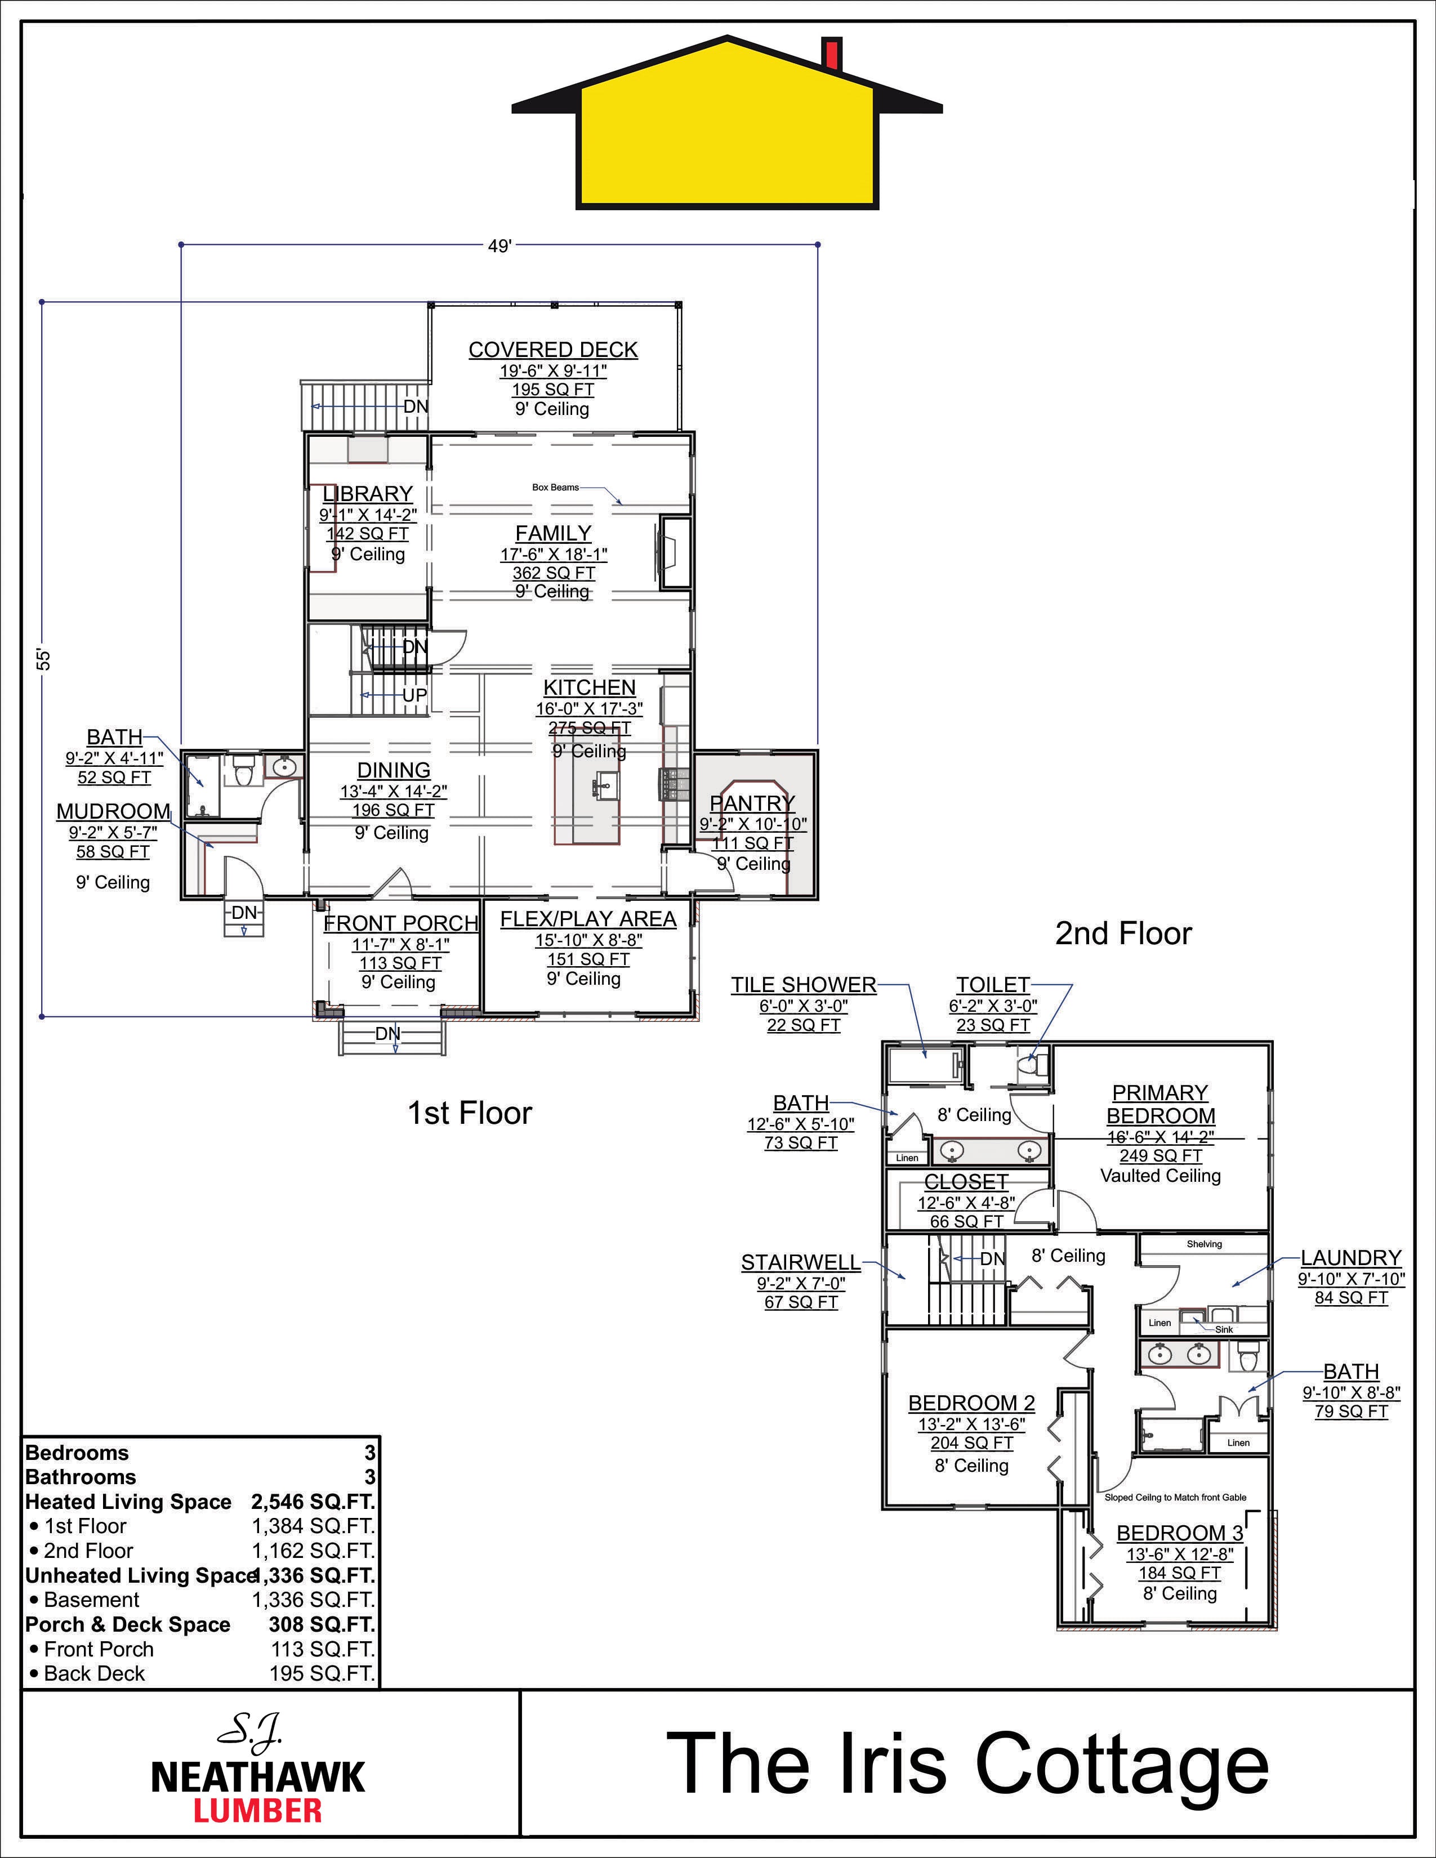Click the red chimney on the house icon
coord(832,53)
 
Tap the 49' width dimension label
coord(500,246)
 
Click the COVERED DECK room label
coord(553,350)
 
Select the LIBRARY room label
coord(368,493)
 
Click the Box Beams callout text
coord(555,488)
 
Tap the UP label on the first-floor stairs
coord(414,695)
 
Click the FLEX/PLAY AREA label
coord(588,919)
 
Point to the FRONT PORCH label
coord(401,923)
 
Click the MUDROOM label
coord(113,811)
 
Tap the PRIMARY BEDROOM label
coord(1161,1104)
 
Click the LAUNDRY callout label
coord(1351,1257)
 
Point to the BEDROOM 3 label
coord(1180,1533)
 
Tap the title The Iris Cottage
coord(967,1763)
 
